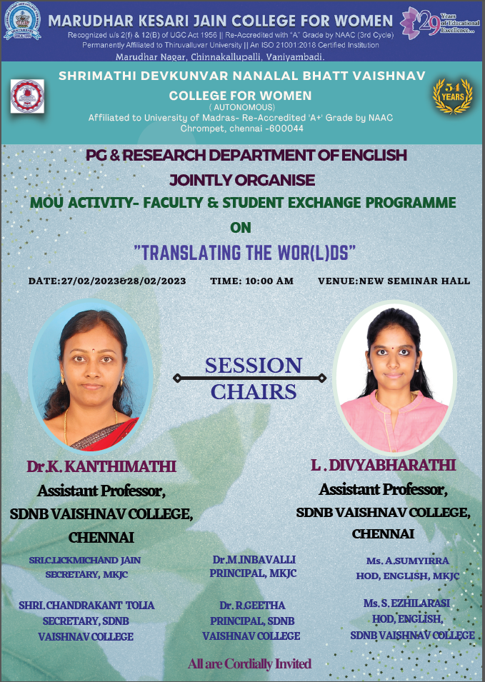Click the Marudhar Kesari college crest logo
pos(22,21)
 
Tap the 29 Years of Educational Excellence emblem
pos(439,23)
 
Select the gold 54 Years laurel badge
pos(452,96)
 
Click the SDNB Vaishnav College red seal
pos(27,96)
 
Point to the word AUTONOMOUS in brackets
pos(242,107)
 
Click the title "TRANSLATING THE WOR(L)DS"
pos(244,253)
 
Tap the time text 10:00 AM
pos(269,281)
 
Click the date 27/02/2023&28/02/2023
pos(124,281)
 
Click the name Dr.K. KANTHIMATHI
pos(101,466)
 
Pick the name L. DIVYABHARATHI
pos(384,465)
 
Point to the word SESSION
pos(253,366)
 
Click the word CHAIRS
pos(254,392)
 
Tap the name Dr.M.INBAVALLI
pos(254,559)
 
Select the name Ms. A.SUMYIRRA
pos(408,561)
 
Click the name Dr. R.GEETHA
pos(252,605)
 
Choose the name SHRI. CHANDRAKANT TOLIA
pos(86,605)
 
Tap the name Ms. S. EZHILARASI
pos(406,603)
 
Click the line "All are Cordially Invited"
pos(250,663)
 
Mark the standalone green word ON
pos(241,228)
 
